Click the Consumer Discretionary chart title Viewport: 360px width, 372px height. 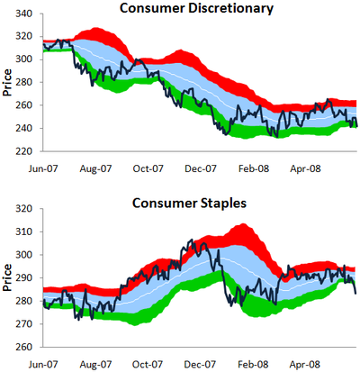[196, 8]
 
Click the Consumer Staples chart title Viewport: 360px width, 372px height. [189, 204]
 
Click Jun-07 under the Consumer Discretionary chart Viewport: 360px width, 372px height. [43, 168]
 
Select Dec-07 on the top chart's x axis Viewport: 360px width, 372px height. [201, 168]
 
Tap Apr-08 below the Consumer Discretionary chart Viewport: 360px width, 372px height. [305, 168]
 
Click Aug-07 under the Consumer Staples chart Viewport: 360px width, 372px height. [95, 365]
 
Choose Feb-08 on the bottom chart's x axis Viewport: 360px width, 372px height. [253, 365]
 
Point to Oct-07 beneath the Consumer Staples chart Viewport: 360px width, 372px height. [148, 365]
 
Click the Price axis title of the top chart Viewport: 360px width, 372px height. [7, 83]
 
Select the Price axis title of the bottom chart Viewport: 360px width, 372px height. [7, 277]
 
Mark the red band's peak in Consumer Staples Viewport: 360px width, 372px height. [243, 224]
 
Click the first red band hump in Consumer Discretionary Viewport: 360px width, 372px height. [96, 29]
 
